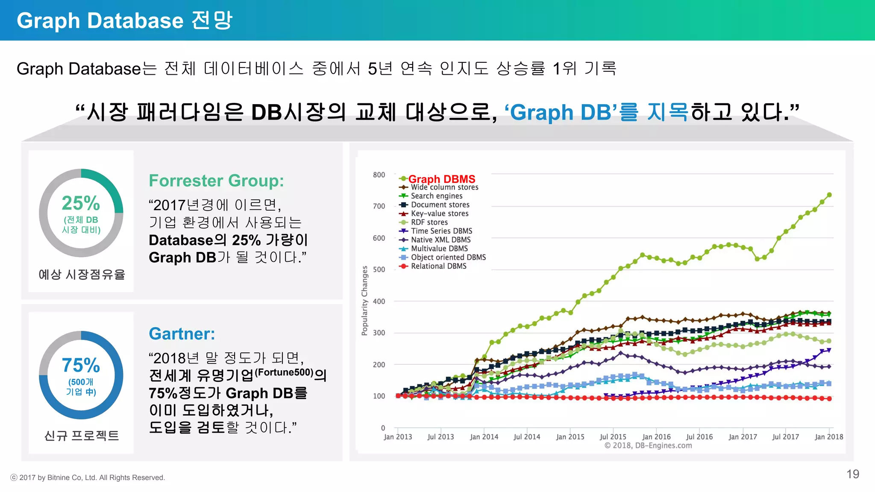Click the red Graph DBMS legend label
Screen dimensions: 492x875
tap(441, 179)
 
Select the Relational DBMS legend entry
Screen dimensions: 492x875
tap(438, 266)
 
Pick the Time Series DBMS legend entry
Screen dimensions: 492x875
tap(441, 231)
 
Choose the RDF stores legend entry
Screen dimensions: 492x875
tap(429, 222)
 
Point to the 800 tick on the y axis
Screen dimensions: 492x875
tap(379, 175)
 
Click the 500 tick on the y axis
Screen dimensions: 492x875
tap(379, 269)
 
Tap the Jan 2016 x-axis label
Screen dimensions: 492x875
tap(656, 437)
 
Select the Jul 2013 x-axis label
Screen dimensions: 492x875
tap(440, 437)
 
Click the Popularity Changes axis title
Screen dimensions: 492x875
tap(364, 301)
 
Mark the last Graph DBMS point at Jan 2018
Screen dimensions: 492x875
tap(829, 195)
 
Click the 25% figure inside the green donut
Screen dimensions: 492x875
tap(81, 203)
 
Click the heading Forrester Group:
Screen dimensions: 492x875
tap(216, 181)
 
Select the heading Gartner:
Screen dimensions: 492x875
tap(182, 334)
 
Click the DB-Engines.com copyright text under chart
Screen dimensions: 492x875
tap(648, 445)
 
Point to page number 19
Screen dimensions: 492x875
tap(852, 474)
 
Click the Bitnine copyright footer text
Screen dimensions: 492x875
tap(88, 477)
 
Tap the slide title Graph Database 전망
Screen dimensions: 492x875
tap(124, 20)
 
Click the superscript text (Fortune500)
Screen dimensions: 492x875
tap(284, 372)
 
